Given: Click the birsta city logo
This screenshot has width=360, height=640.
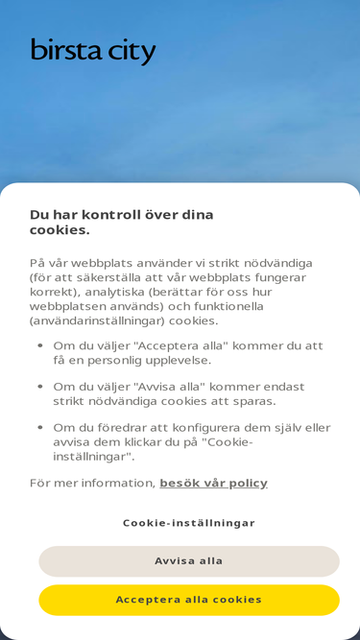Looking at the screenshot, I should pos(92,50).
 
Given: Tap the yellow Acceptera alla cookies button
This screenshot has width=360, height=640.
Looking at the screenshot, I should pos(189,600).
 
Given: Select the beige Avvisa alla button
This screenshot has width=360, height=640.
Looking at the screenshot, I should pos(189,561).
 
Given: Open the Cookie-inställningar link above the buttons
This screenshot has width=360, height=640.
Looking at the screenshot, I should pos(189,523).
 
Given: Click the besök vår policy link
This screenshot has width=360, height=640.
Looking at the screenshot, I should pos(213,483).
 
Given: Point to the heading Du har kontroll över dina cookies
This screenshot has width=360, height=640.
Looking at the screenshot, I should pos(122,222).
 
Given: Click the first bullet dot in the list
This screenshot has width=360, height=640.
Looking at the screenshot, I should pos(40,345).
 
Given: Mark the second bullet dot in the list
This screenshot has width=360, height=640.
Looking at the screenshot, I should pos(40,387).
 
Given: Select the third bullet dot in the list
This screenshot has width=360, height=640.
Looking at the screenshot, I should pos(40,428).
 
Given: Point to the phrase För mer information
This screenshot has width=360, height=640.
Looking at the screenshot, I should pos(91,483).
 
